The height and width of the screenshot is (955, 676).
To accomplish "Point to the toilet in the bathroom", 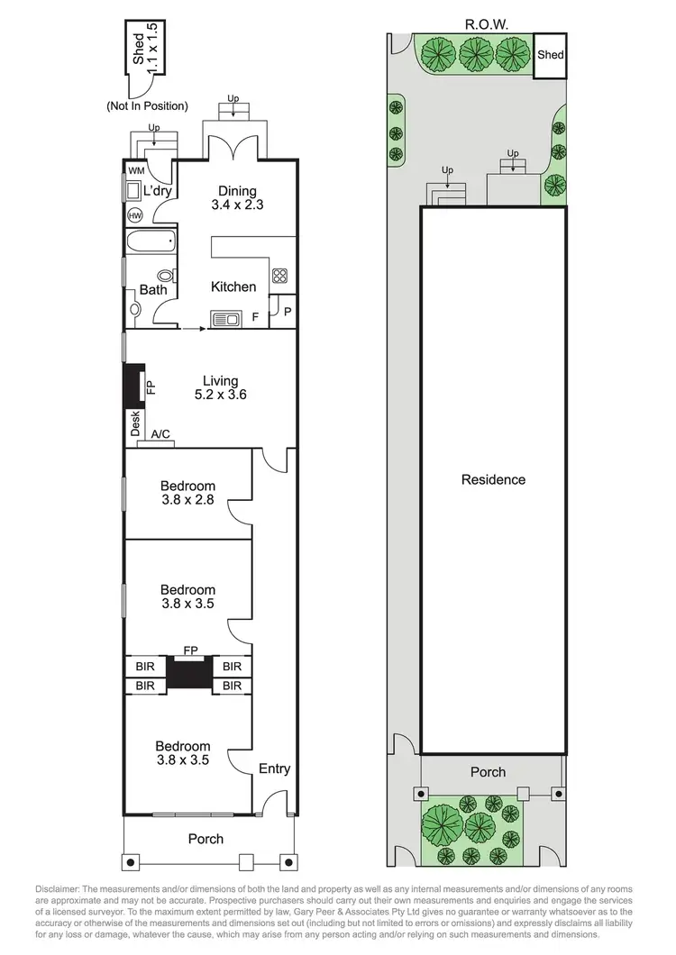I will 166,277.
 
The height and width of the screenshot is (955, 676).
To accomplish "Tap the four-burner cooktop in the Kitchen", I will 279,277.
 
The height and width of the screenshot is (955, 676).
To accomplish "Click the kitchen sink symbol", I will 224,318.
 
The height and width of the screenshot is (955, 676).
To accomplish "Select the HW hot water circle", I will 135,216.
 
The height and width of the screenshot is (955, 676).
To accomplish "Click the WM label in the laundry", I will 135,170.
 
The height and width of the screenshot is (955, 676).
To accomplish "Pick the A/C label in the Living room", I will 160,435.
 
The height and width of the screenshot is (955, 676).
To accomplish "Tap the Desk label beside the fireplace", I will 135,423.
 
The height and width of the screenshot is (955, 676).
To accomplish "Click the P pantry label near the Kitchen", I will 288,313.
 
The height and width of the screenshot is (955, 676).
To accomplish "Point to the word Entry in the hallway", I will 274,769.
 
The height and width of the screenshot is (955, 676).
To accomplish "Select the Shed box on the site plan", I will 550,56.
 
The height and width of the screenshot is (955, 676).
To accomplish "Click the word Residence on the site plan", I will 493,479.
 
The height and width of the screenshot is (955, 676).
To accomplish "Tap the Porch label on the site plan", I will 489,772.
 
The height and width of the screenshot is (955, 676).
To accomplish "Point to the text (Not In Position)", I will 146,106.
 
